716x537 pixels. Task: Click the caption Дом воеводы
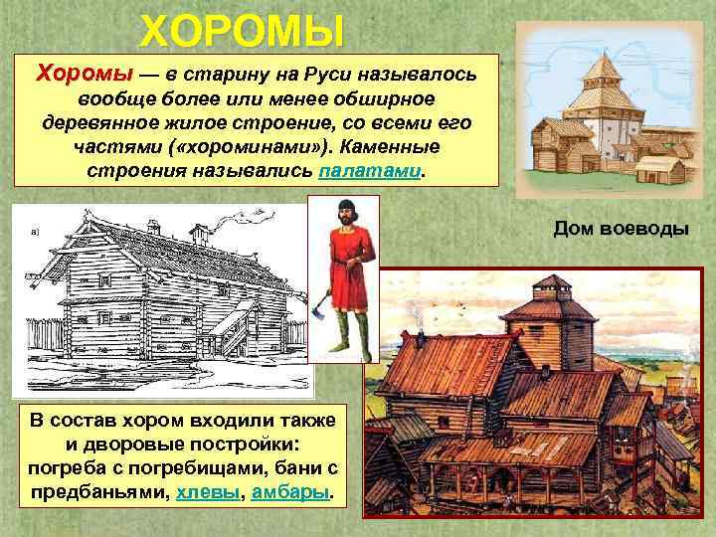[x=622, y=228]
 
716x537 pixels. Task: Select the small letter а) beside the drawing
[x=36, y=233]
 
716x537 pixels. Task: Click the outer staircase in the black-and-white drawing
[x=231, y=328]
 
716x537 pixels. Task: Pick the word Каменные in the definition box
[x=399, y=146]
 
